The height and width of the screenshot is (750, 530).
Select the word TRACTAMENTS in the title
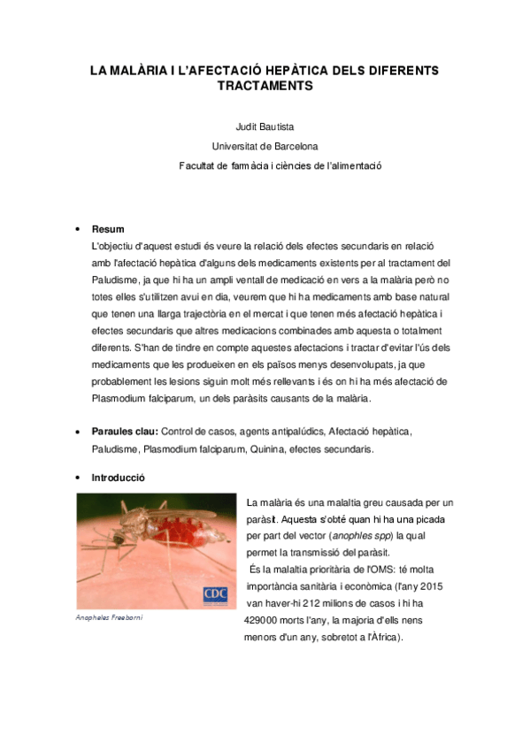(265, 87)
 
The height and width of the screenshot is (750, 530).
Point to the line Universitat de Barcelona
(265, 146)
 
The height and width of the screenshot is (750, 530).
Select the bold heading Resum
(108, 229)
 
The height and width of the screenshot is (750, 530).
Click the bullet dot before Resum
(79, 230)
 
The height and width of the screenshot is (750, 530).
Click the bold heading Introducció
(119, 478)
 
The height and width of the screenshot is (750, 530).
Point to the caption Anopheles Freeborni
(109, 617)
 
